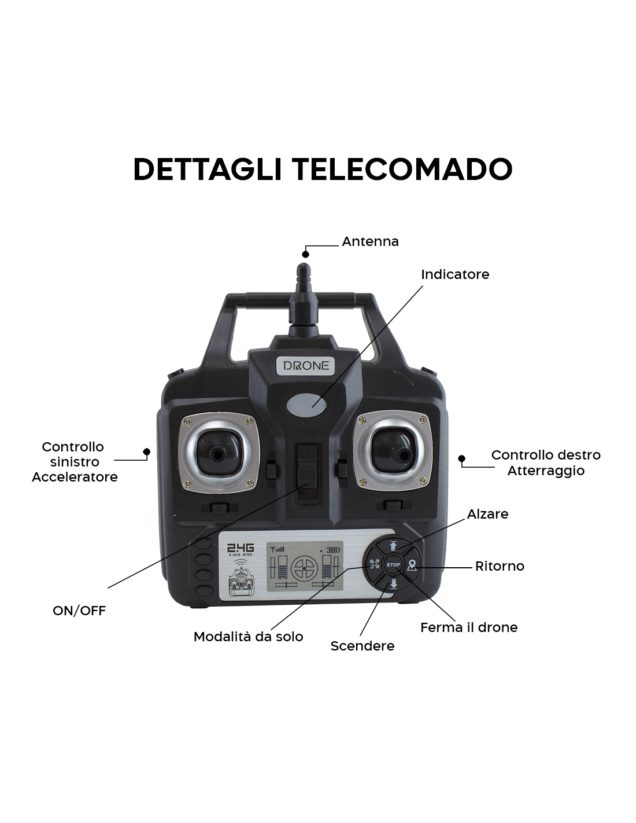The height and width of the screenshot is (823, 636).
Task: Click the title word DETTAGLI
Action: (208, 169)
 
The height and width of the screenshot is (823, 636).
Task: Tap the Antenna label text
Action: (370, 242)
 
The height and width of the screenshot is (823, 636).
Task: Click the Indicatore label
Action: (455, 274)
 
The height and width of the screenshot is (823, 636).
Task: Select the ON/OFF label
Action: (79, 611)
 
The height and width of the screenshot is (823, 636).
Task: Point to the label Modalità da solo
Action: (248, 637)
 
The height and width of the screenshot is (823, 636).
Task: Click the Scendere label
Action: (362, 646)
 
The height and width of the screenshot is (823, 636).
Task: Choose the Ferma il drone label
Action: (469, 627)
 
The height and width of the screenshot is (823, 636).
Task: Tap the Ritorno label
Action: (500, 566)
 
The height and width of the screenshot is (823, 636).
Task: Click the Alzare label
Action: (487, 514)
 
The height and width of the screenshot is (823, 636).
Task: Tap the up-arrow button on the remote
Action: (393, 546)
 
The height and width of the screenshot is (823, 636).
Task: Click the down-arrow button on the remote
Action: (393, 584)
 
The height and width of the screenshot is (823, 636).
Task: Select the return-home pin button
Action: (412, 565)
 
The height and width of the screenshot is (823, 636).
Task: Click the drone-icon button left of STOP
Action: (374, 565)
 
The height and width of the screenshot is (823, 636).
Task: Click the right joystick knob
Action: (402, 453)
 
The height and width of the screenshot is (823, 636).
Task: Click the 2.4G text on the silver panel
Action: (241, 548)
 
